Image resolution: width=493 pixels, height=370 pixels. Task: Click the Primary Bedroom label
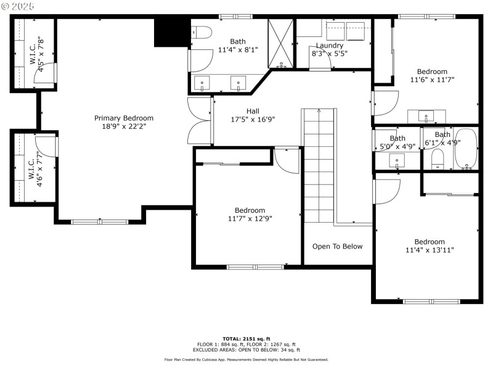pos(124,118)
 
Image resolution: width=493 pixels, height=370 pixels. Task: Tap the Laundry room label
pos(330,46)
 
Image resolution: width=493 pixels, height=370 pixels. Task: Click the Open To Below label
pos(337,246)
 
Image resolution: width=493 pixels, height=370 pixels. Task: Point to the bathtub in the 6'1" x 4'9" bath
pos(466,149)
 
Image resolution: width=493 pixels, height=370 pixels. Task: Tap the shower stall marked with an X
pos(281,43)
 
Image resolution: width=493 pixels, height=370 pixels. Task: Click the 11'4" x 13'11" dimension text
pos(430,250)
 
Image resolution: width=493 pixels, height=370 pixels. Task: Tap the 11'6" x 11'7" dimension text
pos(432,80)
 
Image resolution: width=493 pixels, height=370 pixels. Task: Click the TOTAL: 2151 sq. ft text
pos(246,339)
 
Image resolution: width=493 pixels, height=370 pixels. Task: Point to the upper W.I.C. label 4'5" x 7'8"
pos(36,54)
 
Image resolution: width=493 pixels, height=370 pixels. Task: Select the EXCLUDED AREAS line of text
pos(246,350)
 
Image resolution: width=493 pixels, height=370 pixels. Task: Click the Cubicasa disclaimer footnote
pos(246,360)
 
